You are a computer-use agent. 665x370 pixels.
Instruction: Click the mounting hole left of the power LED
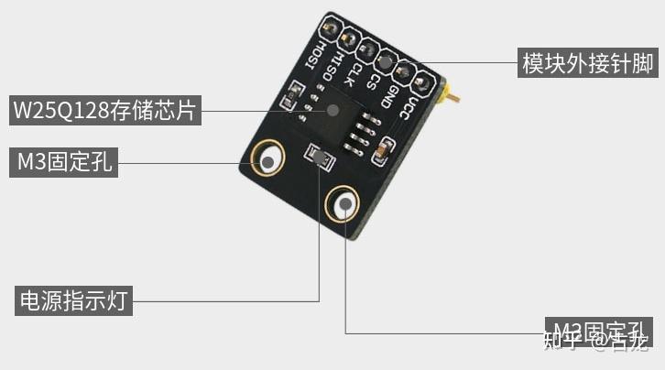(269, 161)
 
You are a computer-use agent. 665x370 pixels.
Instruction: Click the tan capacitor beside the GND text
(386, 147)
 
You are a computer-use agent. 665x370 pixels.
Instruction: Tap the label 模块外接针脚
(587, 64)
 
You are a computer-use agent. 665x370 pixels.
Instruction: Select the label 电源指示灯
(71, 300)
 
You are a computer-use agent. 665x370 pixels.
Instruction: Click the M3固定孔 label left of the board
(63, 162)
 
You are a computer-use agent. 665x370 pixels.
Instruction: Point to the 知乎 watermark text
(561, 342)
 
